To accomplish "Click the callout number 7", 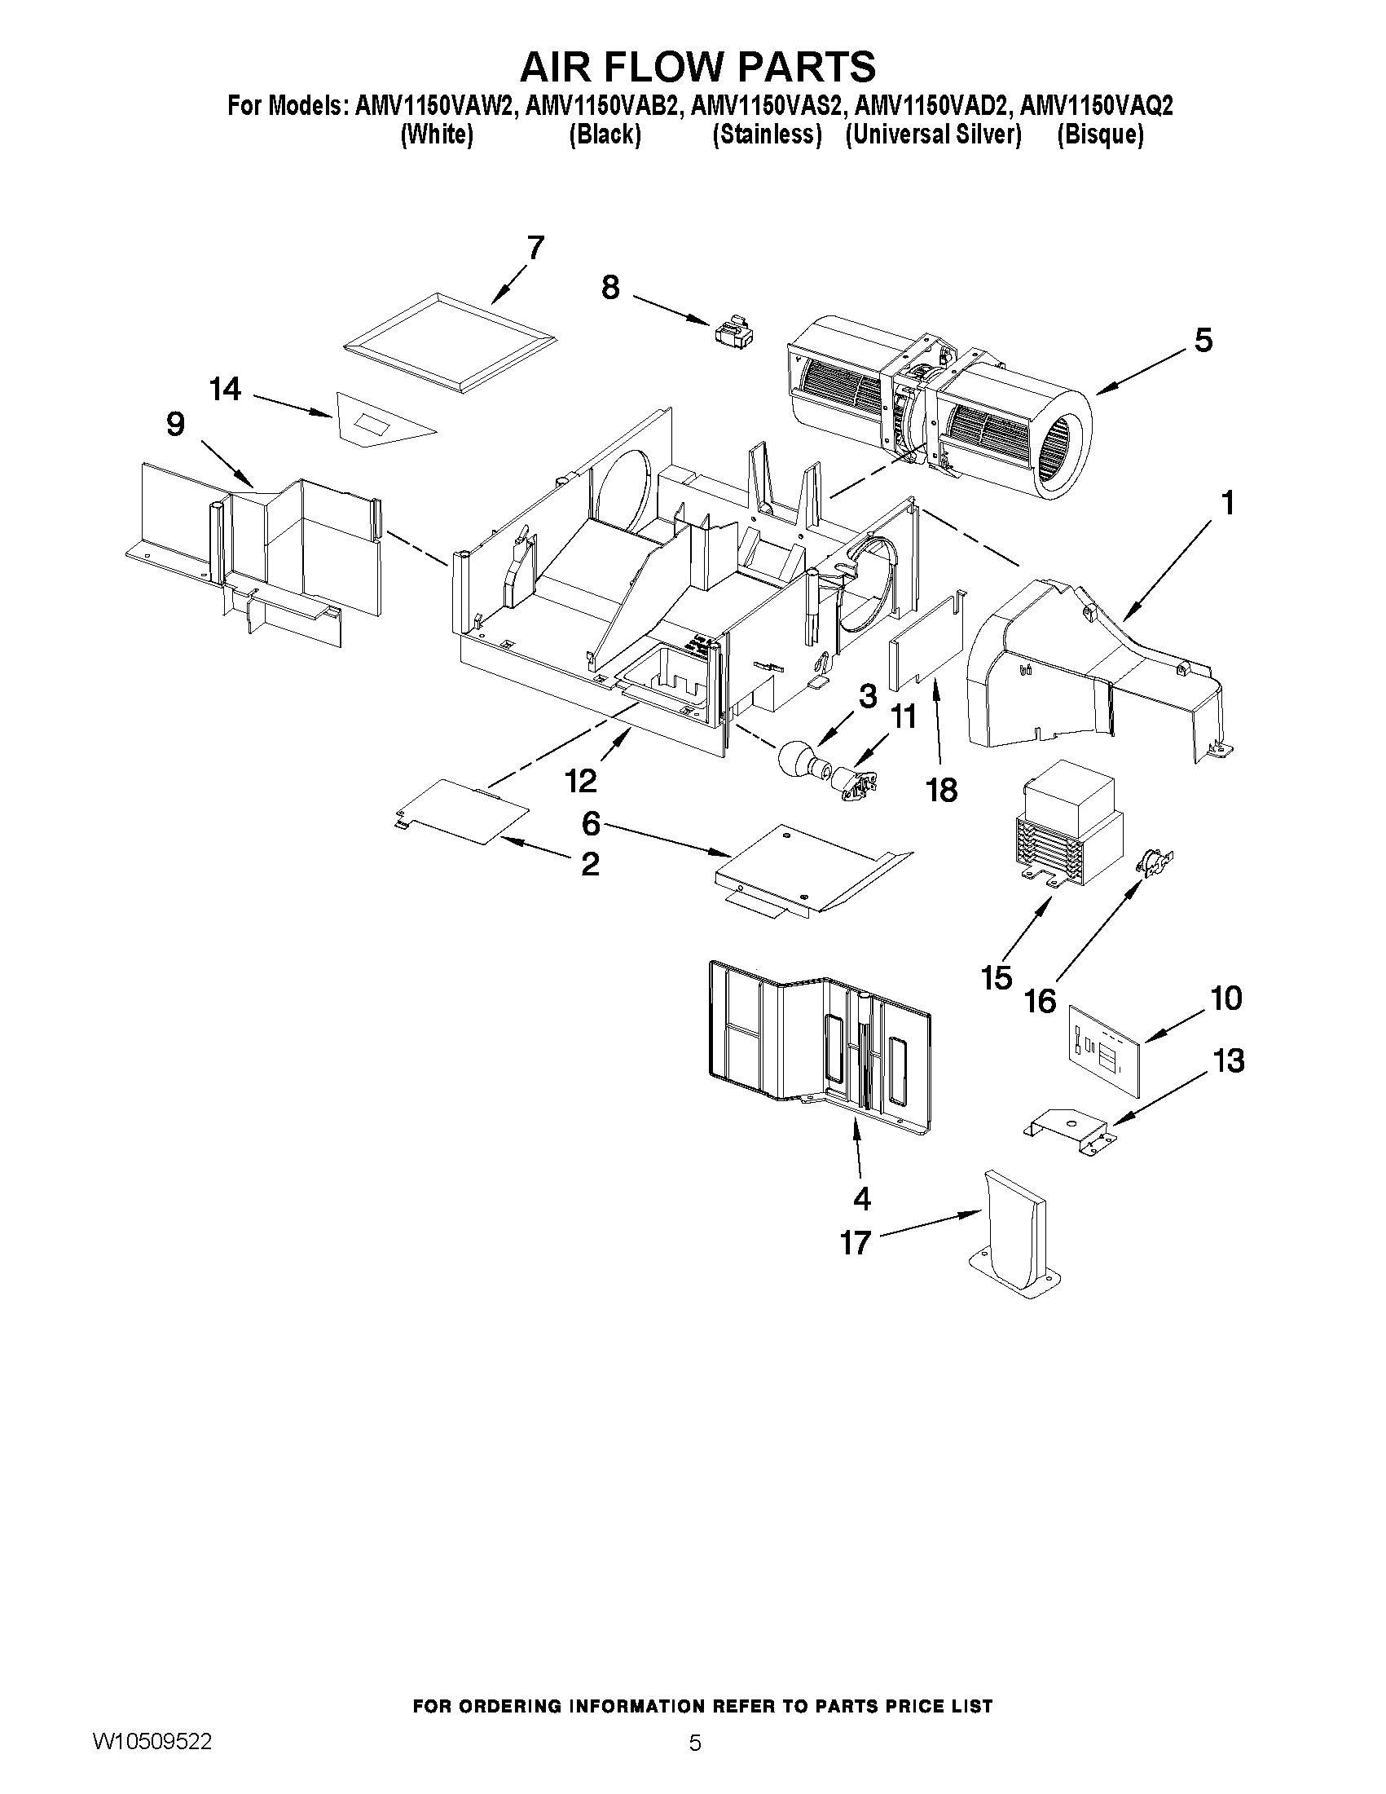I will click(535, 247).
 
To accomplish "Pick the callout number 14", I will click(226, 389).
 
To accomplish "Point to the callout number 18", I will click(941, 789).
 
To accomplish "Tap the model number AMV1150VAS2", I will click(768, 107).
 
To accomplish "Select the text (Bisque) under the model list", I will click(1099, 134).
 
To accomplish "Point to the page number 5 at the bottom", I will click(695, 1760).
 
